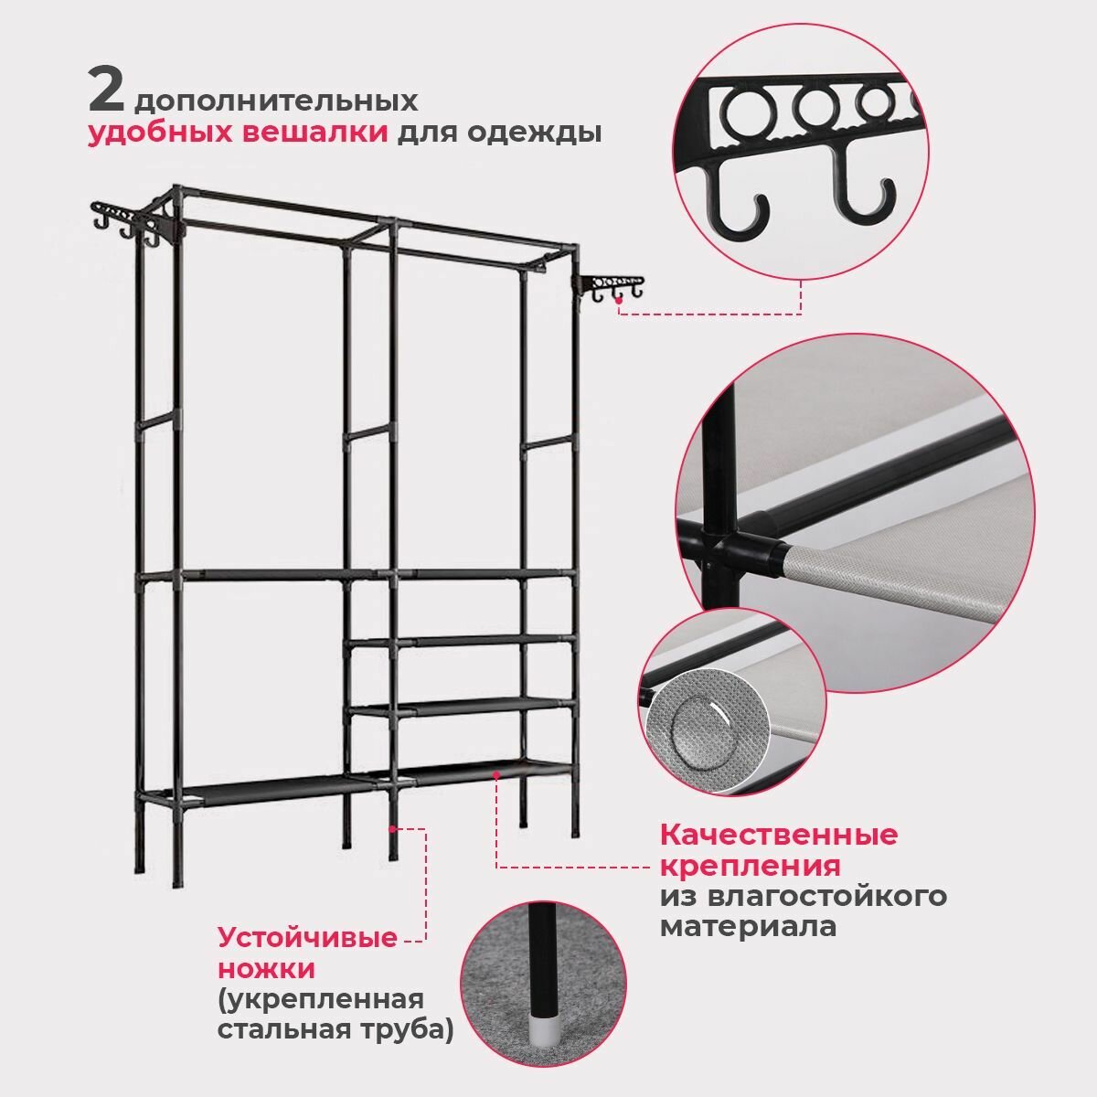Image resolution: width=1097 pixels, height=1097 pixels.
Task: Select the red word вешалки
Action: pos(315,133)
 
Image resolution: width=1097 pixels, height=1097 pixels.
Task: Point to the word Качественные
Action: pos(779,836)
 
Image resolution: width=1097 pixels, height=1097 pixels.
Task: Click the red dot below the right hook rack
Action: pos(619,311)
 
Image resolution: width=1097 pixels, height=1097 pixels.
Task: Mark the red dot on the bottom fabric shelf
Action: pos(497,774)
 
